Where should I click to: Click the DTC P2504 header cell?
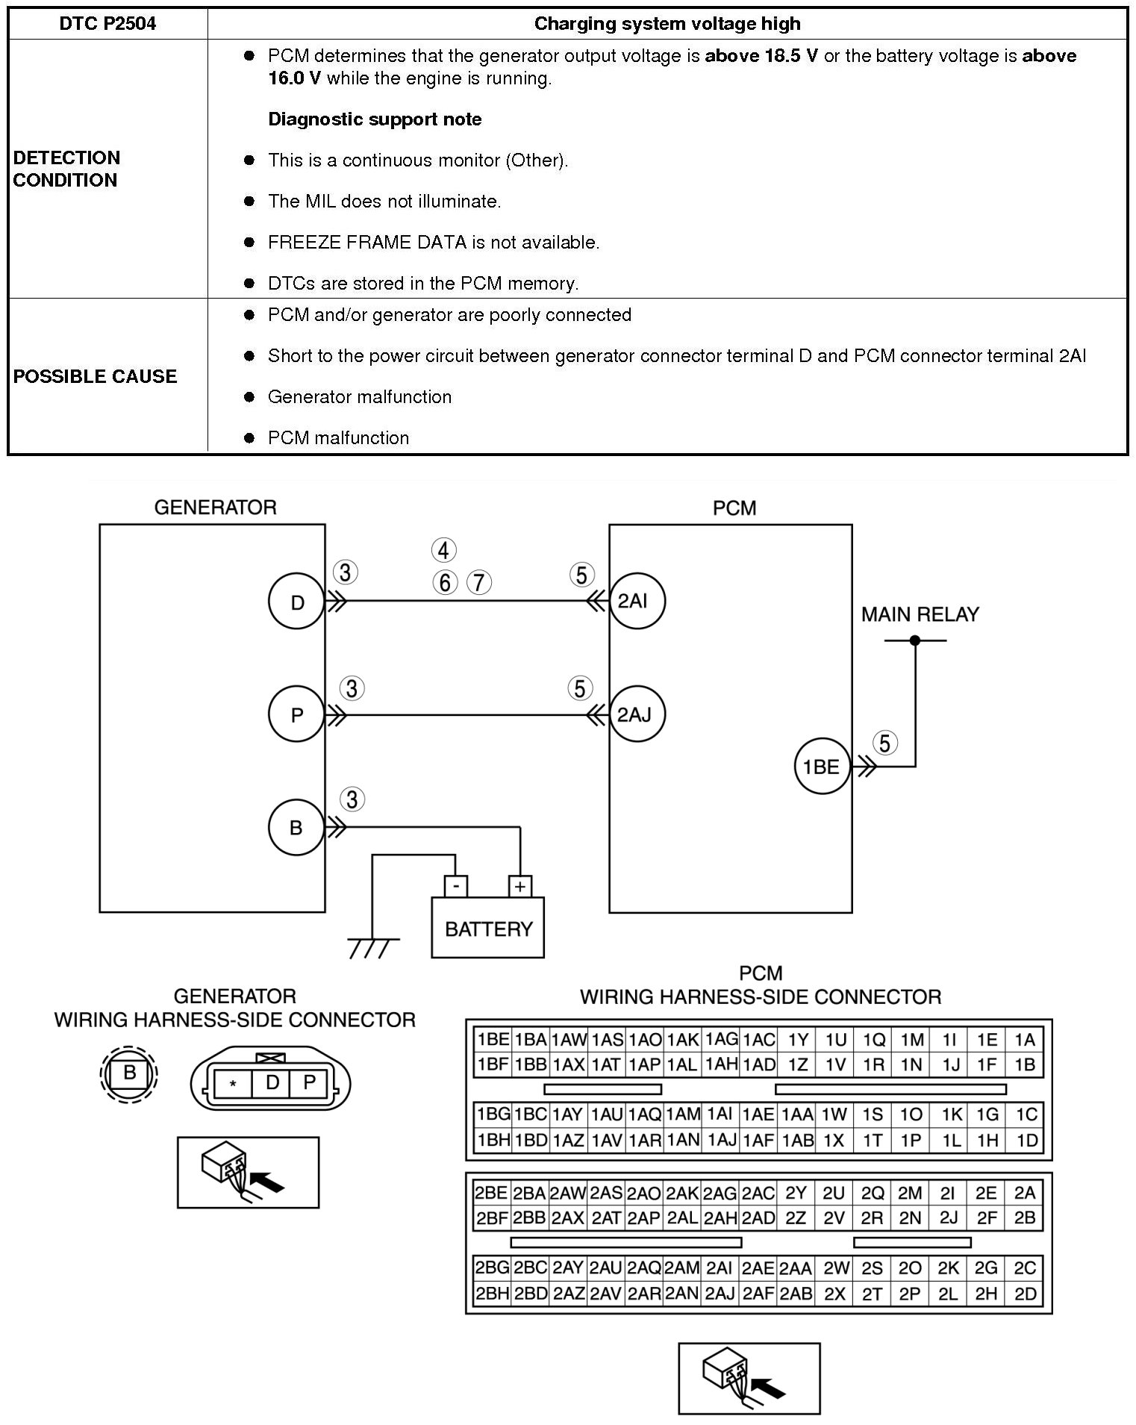pos(107,24)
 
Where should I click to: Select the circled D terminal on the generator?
pos(297,602)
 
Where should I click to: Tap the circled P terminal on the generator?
pos(297,714)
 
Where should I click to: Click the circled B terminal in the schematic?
pos(296,827)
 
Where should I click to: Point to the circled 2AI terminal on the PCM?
pos(633,601)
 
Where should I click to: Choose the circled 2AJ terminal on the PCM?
pos(634,714)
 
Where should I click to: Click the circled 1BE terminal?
pos(821,767)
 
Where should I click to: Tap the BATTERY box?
pos(488,929)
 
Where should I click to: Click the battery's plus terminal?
pos(519,887)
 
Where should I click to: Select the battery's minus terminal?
pos(455,887)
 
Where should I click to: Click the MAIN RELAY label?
pos(920,614)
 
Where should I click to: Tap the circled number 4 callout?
pos(443,551)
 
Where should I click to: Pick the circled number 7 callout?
pos(479,582)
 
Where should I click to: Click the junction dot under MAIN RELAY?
pos(915,640)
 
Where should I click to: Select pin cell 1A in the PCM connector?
pos(1025,1040)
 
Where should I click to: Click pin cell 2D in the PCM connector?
pos(1026,1294)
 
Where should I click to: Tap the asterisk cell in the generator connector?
pos(233,1084)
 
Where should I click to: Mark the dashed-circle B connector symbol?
pos(130,1073)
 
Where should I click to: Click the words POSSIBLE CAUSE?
pos(95,376)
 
